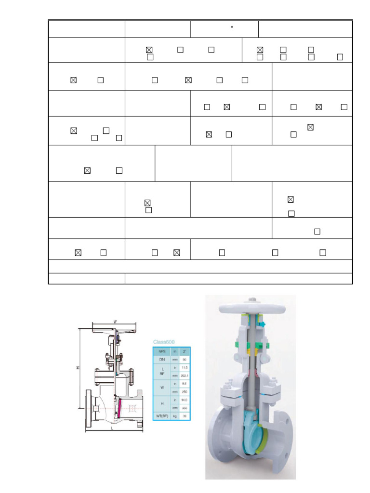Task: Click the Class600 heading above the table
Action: (164, 341)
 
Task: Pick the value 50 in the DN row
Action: (185, 360)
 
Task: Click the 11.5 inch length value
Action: (185, 368)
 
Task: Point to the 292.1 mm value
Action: (185, 376)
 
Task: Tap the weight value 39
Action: (185, 416)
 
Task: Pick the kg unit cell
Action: (174, 416)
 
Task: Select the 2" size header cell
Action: (185, 351)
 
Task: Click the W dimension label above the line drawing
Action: (115, 322)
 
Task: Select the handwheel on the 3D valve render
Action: (251, 306)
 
